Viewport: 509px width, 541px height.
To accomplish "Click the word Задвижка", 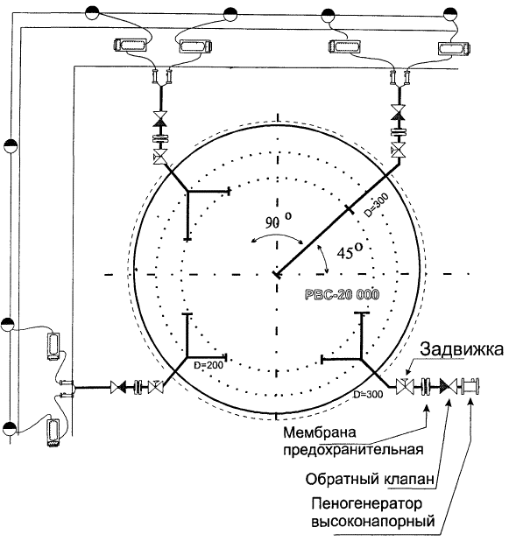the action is pos(462,349).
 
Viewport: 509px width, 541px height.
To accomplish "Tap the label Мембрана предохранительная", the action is pos(353,441).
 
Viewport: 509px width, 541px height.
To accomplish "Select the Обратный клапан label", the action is pos(370,480).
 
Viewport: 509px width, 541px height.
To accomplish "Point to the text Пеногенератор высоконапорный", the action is pos(372,511).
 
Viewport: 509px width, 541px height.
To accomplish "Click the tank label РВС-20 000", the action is pos(342,295).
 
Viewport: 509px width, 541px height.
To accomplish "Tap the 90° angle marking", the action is pos(278,221).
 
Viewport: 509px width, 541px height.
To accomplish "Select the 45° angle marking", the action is pos(350,252).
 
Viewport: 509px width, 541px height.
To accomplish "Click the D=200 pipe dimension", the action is pos(209,365).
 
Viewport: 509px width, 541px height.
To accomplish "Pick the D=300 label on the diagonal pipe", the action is pos(377,205).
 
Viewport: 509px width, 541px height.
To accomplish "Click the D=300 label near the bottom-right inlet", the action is pos(368,394).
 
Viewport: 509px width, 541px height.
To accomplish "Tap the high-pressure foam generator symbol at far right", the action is pos(470,386).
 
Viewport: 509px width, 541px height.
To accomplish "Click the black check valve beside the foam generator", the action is pos(448,386).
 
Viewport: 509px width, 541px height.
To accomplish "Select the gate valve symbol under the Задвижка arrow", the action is pos(405,386).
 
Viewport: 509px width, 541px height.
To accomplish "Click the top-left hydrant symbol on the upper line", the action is pos(92,13).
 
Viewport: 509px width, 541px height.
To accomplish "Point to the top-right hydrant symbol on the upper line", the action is pos(450,14).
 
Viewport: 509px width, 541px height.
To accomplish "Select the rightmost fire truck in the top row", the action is pos(454,48).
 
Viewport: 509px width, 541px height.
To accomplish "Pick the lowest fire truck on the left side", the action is pos(53,432).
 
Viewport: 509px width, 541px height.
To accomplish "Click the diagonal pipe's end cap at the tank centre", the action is pos(277,275).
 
